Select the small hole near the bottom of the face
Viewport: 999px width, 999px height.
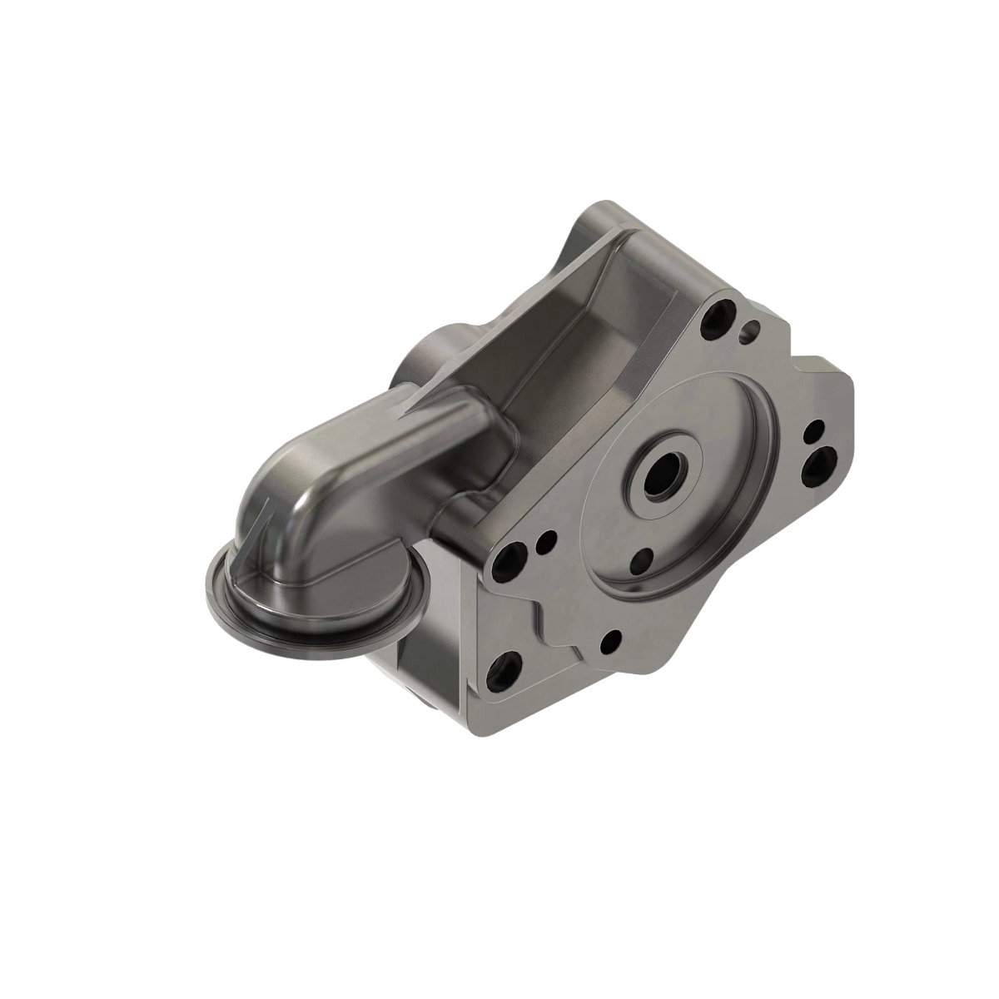click(609, 640)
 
